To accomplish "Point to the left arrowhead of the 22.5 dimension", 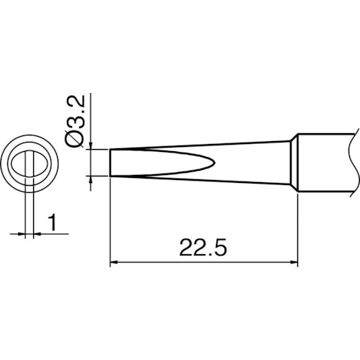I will tap(113, 264).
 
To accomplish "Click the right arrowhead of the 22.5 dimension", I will tap(294, 264).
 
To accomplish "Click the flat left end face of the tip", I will tap(110, 162).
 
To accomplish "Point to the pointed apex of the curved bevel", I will tap(215, 162).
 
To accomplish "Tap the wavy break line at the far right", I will tap(355, 162).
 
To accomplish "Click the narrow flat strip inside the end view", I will tap(30, 162).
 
